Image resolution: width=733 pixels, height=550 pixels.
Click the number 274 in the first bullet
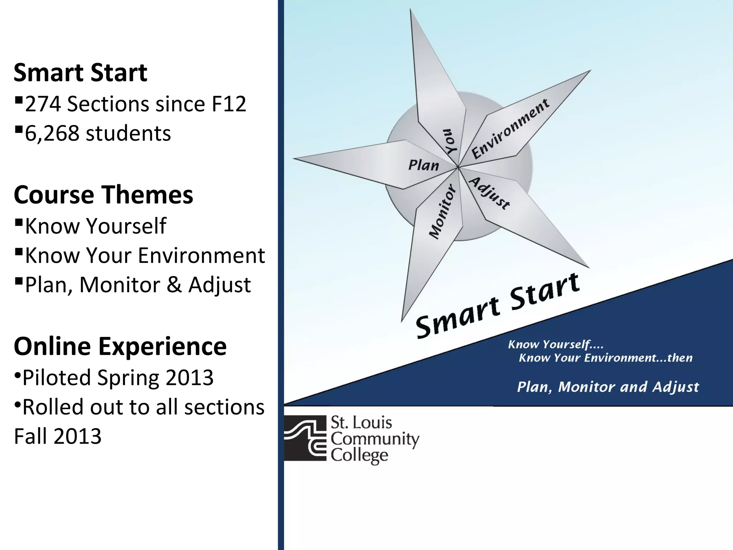point(43,104)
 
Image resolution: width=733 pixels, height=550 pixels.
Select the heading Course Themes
point(103,195)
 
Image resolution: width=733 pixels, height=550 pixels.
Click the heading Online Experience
point(120,346)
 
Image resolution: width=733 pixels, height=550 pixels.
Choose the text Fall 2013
point(58,436)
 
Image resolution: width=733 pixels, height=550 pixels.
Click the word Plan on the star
point(424,165)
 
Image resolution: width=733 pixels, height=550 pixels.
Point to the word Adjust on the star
point(490,193)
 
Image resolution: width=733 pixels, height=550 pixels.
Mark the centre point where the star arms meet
point(458,167)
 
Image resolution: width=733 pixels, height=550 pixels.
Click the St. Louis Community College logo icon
point(305,438)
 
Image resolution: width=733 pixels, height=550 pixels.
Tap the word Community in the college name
point(375,439)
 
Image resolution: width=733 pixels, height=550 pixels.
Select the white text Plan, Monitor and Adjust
point(608,387)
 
